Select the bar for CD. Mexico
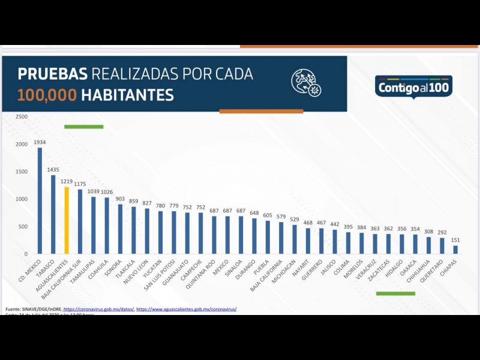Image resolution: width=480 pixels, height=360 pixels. [40, 200]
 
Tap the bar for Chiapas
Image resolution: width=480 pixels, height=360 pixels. [455, 250]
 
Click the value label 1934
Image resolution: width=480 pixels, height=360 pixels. [40, 142]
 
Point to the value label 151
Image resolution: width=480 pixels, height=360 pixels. [455, 241]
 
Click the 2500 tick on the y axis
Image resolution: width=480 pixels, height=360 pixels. [21, 116]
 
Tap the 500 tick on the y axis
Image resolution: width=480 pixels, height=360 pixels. [23, 227]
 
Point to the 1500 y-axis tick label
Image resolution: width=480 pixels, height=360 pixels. [21, 172]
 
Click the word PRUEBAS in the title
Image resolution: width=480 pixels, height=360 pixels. [53, 74]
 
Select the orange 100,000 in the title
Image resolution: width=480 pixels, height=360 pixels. [47, 95]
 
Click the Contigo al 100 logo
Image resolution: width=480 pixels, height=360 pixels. [413, 88]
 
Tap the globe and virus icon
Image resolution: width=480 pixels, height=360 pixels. [306, 82]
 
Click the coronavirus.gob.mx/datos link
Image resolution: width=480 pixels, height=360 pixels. [99, 309]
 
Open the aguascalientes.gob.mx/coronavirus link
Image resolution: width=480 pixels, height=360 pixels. [187, 309]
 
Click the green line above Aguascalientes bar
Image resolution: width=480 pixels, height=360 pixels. [84, 127]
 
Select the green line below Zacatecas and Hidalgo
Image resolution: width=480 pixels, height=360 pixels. [395, 293]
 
